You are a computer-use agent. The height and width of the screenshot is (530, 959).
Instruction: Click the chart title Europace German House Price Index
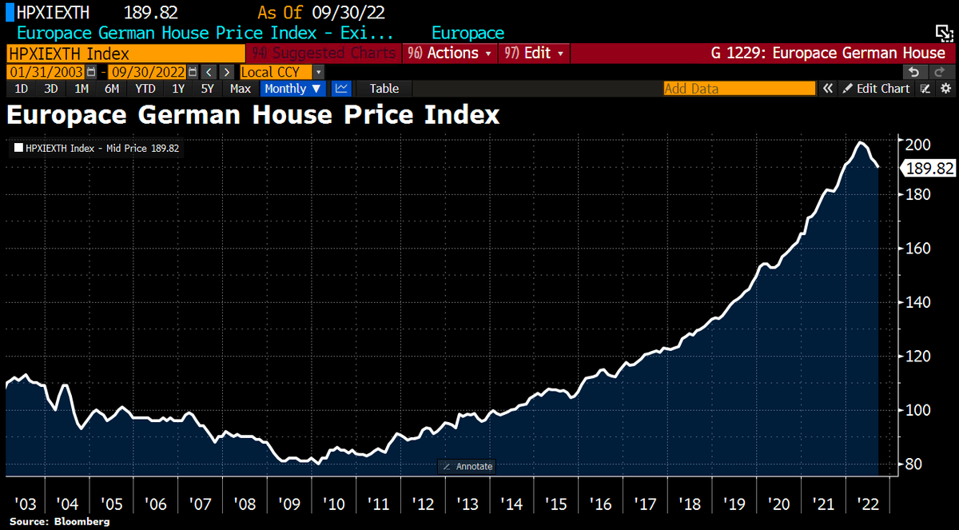pyautogui.click(x=253, y=115)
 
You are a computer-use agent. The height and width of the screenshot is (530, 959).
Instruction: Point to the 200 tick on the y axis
pyautogui.click(x=918, y=145)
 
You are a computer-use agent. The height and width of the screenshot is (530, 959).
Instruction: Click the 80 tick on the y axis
pyautogui.click(x=914, y=464)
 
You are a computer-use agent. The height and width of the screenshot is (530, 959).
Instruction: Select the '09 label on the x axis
pyautogui.click(x=289, y=504)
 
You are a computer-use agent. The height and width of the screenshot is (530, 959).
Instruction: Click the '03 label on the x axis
pyautogui.click(x=25, y=504)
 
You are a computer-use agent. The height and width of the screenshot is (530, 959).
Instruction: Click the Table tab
pyautogui.click(x=384, y=89)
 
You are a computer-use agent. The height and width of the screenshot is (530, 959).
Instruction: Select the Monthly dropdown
pyautogui.click(x=292, y=89)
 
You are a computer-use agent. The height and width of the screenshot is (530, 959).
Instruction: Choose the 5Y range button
pyautogui.click(x=207, y=89)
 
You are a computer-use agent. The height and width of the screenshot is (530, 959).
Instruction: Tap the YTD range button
pyautogui.click(x=145, y=89)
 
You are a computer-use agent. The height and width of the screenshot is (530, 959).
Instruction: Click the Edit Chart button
pyautogui.click(x=877, y=89)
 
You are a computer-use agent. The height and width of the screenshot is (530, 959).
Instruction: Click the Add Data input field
pyautogui.click(x=739, y=89)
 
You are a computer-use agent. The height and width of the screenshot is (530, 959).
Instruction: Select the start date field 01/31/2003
pyautogui.click(x=46, y=71)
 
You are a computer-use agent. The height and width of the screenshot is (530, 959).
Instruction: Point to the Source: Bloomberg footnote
pyautogui.click(x=59, y=521)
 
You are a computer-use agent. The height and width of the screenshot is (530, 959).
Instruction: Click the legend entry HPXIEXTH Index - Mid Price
pyautogui.click(x=97, y=148)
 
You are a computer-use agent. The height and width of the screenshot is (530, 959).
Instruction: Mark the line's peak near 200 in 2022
pyautogui.click(x=860, y=143)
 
